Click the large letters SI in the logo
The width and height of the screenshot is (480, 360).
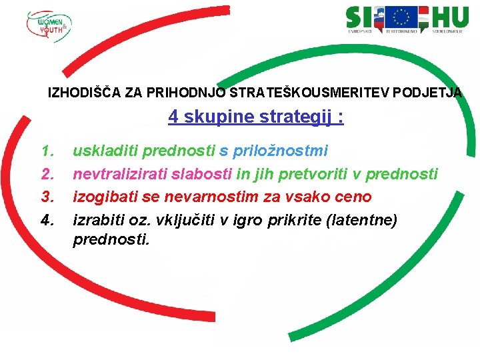[360, 17]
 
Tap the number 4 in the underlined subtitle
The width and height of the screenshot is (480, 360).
[173, 117]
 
